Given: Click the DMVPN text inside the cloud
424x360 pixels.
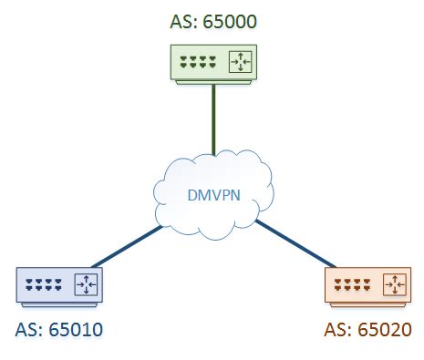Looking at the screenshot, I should point(211,194).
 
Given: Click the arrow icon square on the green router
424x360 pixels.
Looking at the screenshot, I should point(242,63).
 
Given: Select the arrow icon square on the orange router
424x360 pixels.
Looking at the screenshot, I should point(394,285).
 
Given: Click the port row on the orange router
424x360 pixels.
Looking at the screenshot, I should point(352,285).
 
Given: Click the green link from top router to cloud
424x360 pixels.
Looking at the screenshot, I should point(212,118).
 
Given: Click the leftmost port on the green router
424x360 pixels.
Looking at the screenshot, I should point(183,64).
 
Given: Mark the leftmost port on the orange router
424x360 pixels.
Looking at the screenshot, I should point(337,285).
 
